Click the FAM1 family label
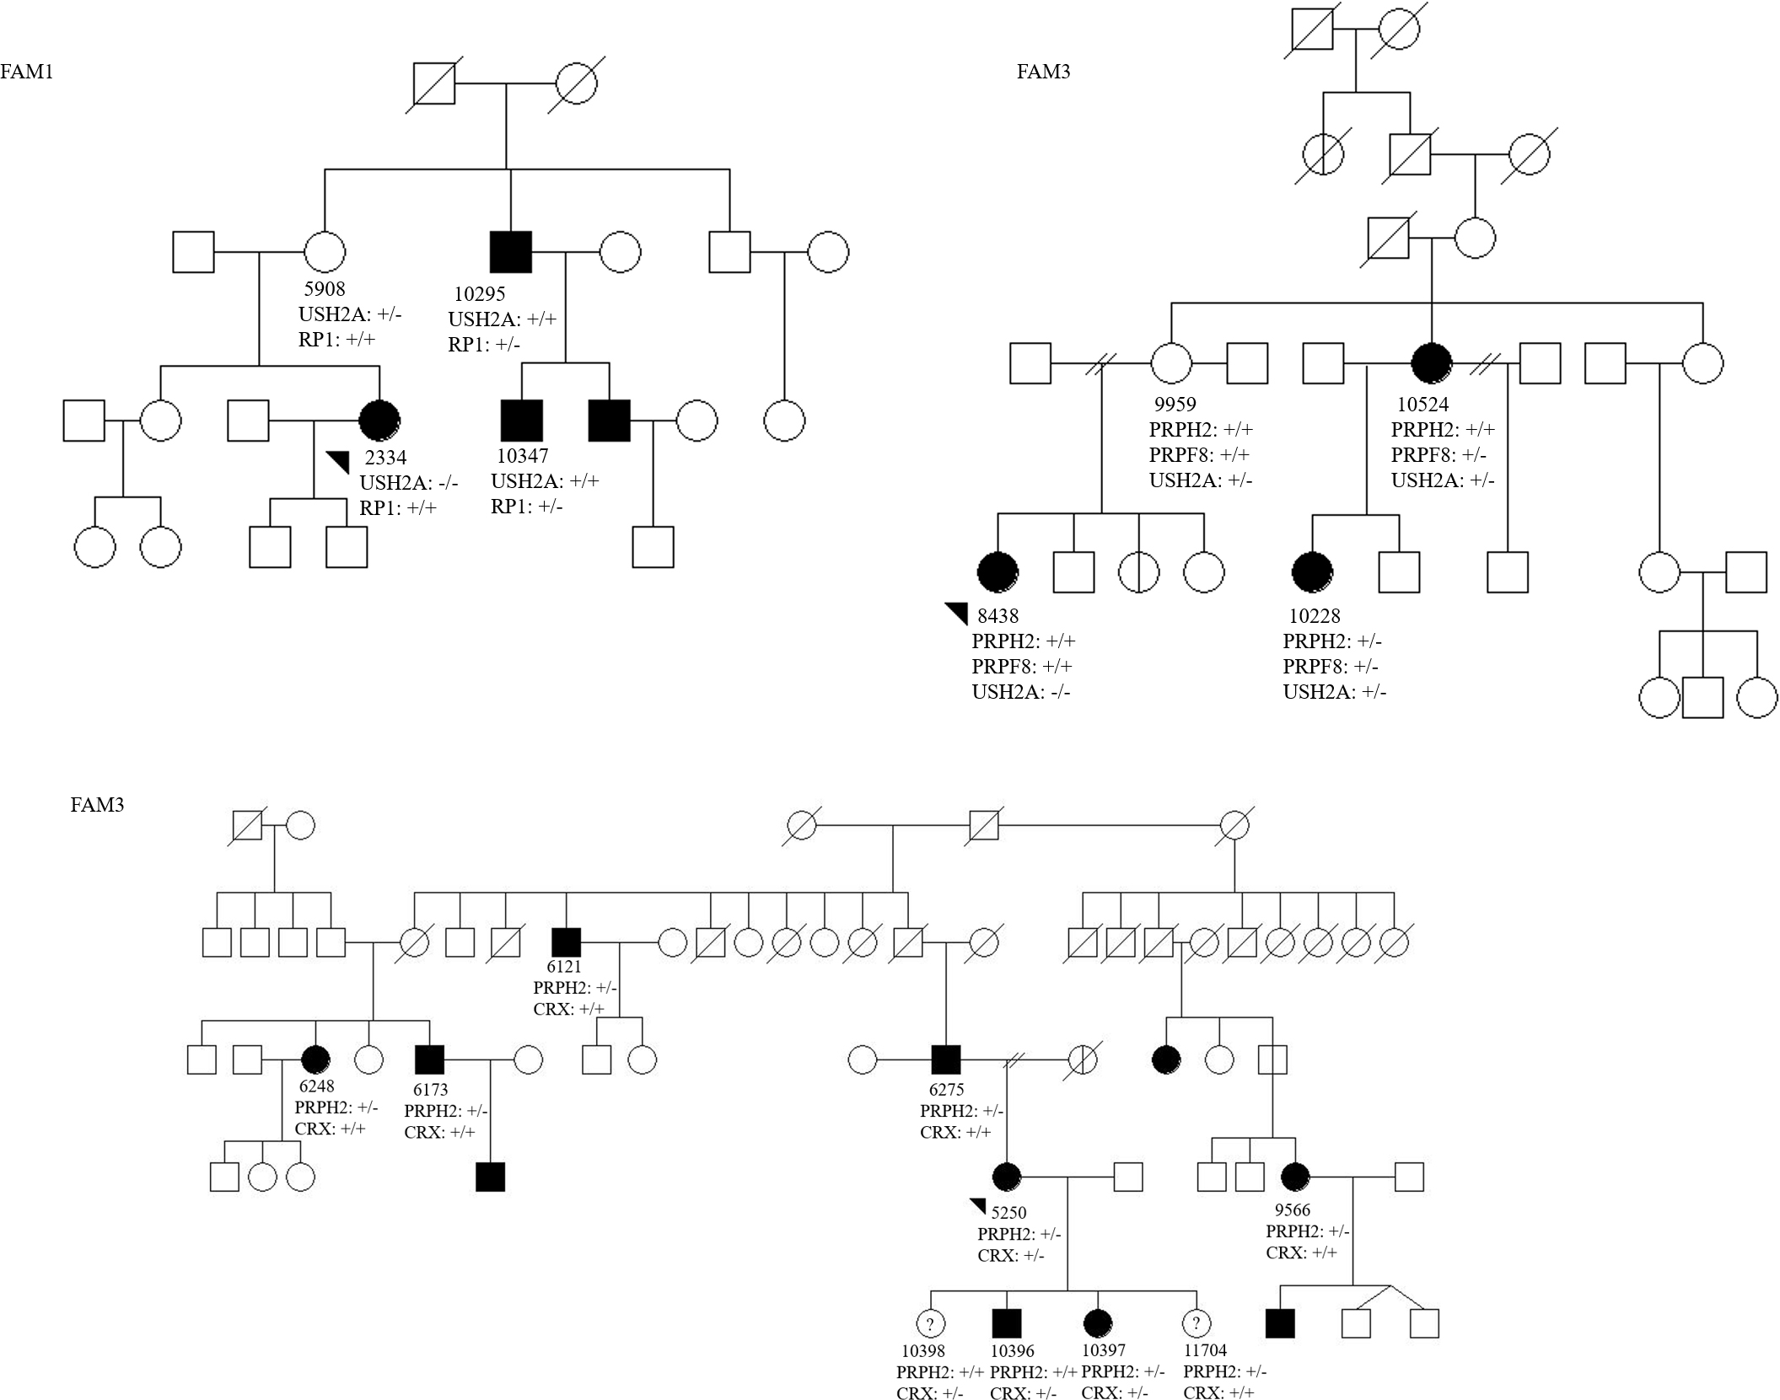[x=27, y=72]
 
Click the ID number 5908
[x=325, y=289]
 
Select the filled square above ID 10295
[x=511, y=252]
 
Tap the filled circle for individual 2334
[x=379, y=420]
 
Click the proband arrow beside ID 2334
[x=338, y=461]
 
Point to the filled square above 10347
[x=522, y=421]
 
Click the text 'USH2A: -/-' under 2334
[x=409, y=483]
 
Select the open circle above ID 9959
[x=1172, y=364]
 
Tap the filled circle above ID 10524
[x=1432, y=364]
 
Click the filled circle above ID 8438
[x=998, y=572]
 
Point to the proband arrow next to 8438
[x=957, y=613]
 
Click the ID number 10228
[x=1315, y=616]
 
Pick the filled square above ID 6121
[x=566, y=941]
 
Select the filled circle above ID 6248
[x=315, y=1059]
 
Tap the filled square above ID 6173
[x=430, y=1059]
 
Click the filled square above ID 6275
[x=946, y=1059]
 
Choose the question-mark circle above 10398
[x=930, y=1324]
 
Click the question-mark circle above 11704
[x=1197, y=1324]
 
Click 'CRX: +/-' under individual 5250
[x=1011, y=1255]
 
